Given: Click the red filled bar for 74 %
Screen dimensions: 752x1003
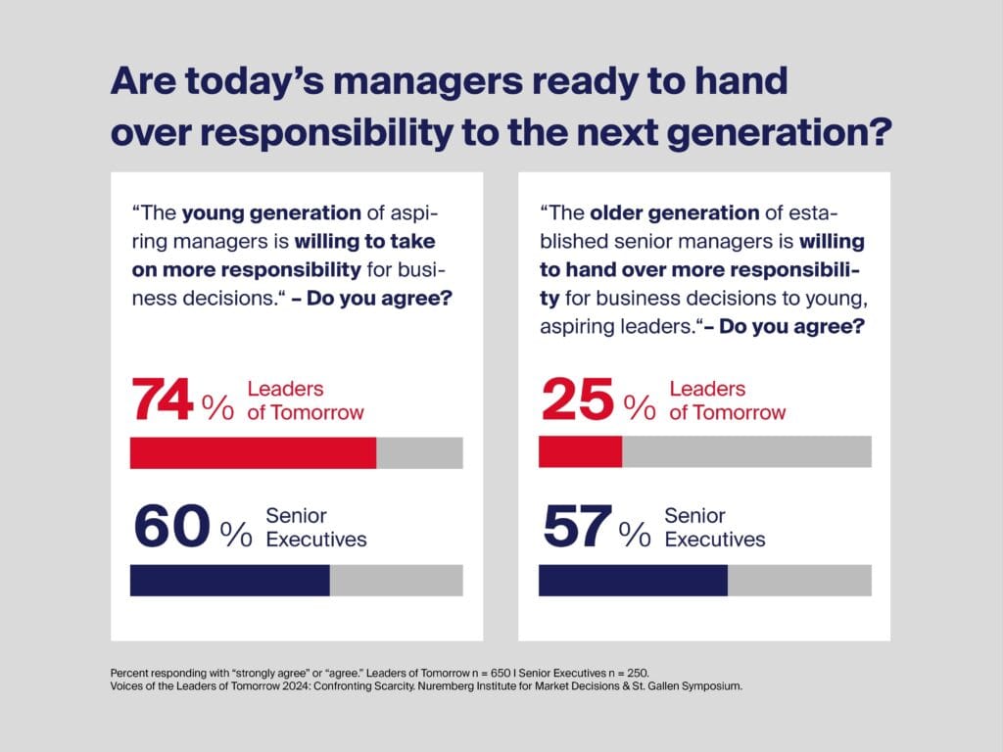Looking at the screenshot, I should coord(253,453).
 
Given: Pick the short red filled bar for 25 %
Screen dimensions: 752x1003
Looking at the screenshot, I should coord(580,452).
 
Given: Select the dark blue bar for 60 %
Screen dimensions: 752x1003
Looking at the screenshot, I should coord(229,581).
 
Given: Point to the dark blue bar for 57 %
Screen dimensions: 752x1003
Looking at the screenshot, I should coord(633,581).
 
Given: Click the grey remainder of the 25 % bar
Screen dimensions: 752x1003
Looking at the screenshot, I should coord(746,452).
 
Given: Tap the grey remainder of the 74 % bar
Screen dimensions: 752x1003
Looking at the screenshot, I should coord(419,453).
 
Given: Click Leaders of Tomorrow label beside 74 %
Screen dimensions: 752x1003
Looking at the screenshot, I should coord(305,400).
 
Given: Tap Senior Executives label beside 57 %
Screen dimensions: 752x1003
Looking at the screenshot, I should coord(715,527).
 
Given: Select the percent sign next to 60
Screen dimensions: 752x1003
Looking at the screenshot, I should coord(236,534).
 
